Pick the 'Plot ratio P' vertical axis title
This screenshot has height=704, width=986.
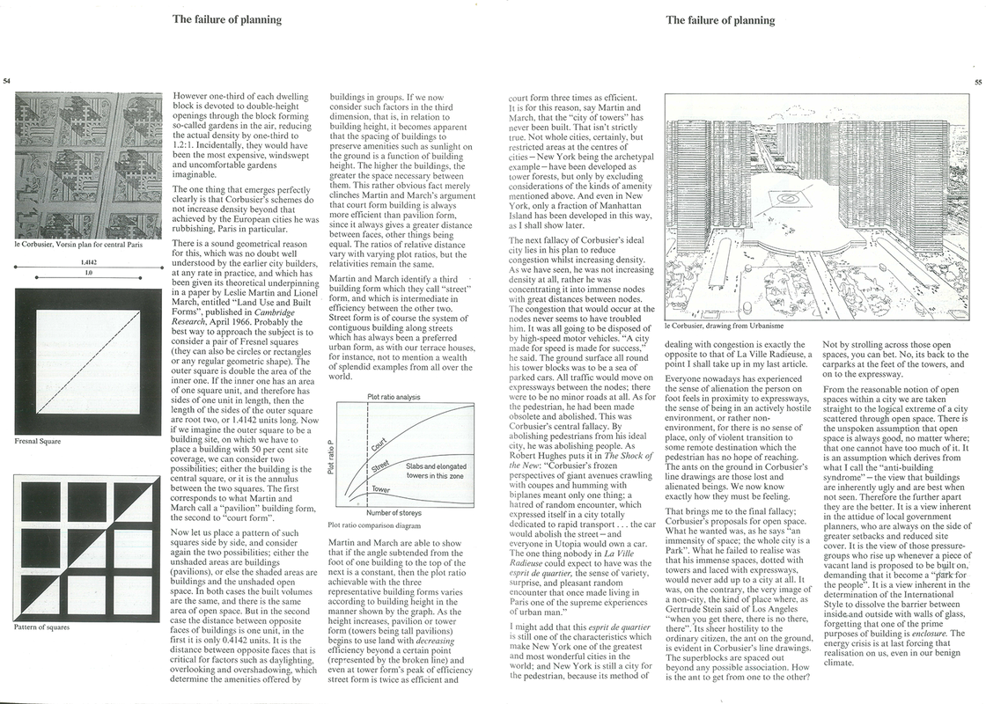click(331, 456)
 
